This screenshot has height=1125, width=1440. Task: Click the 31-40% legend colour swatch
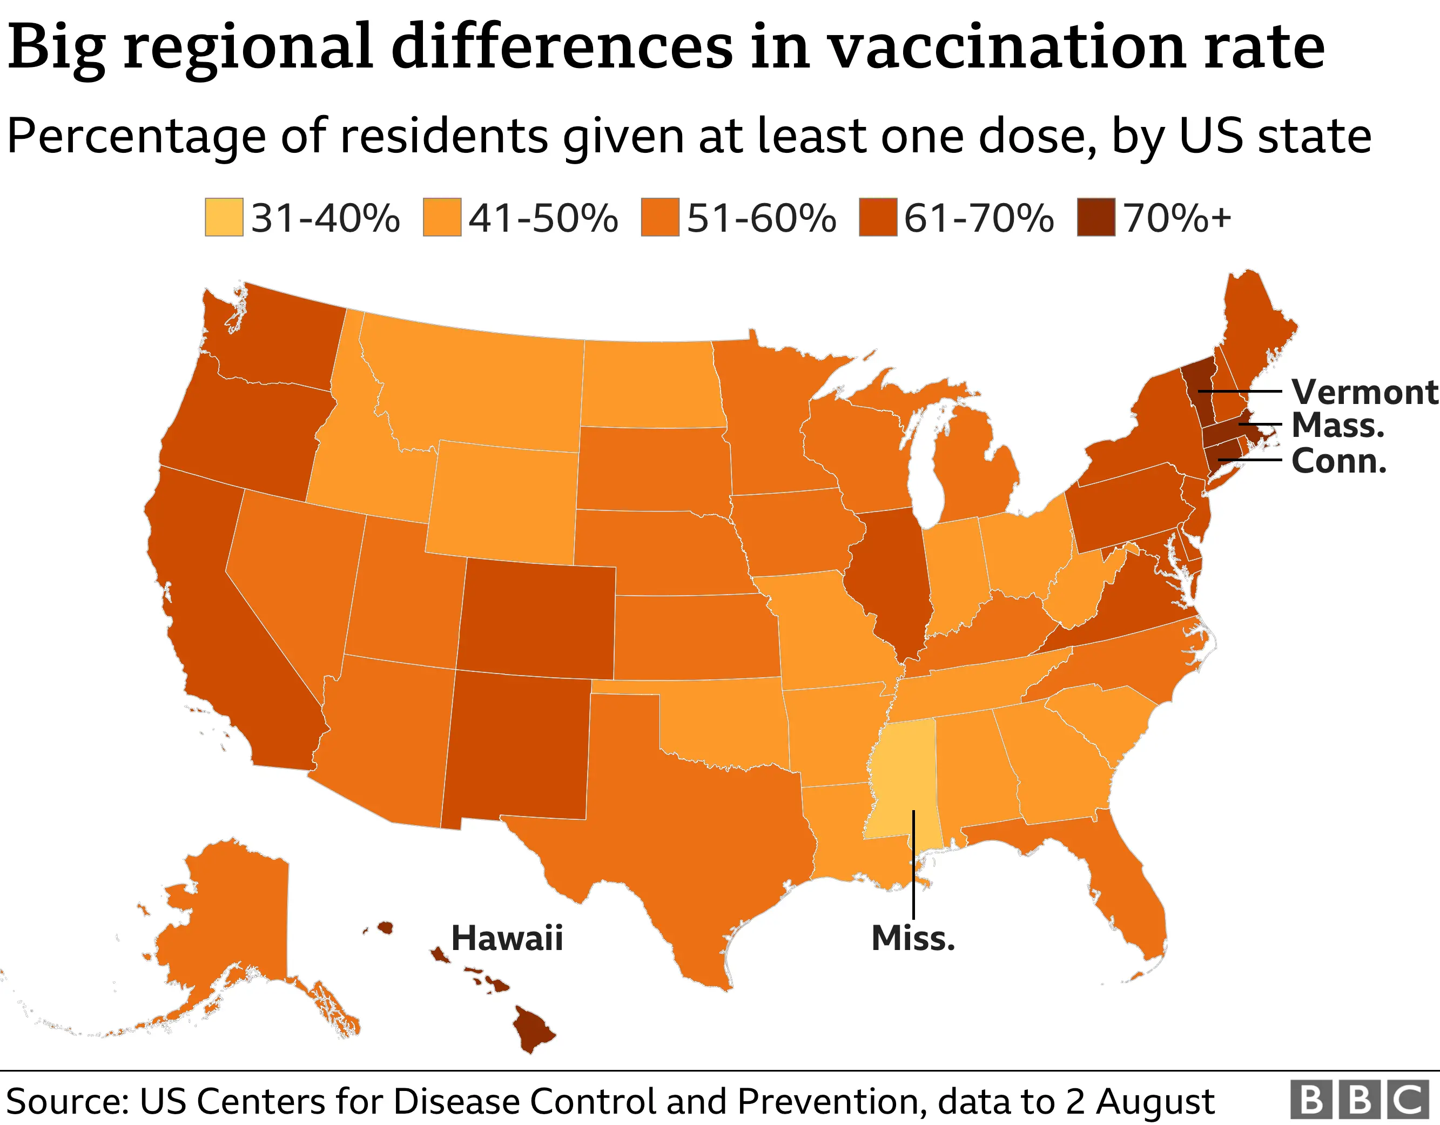click(224, 217)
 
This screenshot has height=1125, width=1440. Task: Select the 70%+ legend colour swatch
click(1096, 217)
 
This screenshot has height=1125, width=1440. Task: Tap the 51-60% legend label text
click(761, 218)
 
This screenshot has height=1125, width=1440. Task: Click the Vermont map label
click(1363, 392)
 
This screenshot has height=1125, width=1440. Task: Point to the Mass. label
click(1338, 426)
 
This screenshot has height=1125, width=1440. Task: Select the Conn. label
click(1338, 461)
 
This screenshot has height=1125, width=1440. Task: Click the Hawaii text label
click(506, 938)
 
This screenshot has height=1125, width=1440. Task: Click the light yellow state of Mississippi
click(900, 778)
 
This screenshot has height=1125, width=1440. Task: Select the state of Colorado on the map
click(537, 620)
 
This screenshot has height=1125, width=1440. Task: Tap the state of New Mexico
click(517, 745)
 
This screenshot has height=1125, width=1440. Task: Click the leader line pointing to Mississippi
click(914, 871)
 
